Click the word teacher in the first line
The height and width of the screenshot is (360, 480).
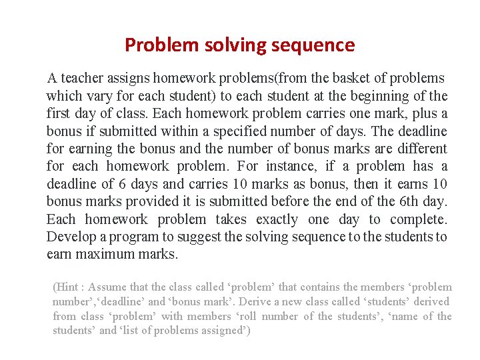point(82,78)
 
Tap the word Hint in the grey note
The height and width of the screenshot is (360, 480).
point(67,287)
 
